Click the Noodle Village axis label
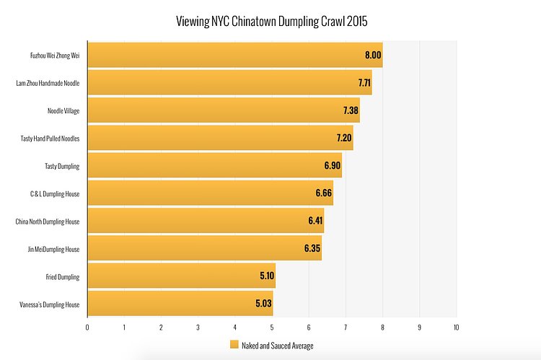point(63,110)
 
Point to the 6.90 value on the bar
point(332,166)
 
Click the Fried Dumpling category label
point(62,276)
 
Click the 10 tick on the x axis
point(456,328)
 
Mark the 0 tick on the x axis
point(87,328)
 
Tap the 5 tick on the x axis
point(272,328)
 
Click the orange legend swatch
point(234,346)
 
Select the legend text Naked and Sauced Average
point(278,346)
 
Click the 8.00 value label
point(373,55)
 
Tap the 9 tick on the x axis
point(419,328)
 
